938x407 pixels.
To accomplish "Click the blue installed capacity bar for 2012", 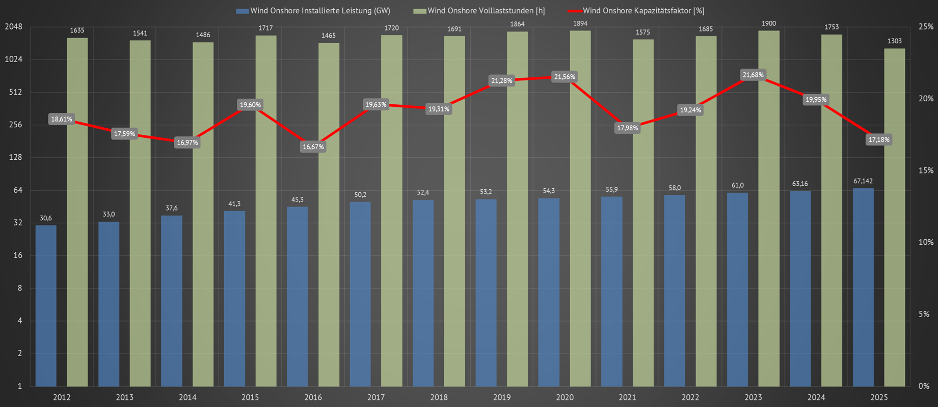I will point(46,305).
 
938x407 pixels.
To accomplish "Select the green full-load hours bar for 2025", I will point(894,219).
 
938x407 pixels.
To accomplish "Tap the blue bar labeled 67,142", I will point(863,287).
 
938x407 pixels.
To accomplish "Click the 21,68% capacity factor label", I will point(753,75).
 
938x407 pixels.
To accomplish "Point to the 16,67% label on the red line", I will point(313,147).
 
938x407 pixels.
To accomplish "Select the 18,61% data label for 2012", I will point(62,120).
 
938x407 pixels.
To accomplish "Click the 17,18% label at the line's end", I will point(879,140).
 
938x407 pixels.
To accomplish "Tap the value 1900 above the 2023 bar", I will point(769,23).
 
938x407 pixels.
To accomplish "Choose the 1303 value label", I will point(894,41).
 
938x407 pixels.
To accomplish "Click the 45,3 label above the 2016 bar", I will point(298,200).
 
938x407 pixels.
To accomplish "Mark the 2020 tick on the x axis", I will point(565,397).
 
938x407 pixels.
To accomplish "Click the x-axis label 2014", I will point(187,397).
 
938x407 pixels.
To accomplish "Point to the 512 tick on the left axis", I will point(15,92).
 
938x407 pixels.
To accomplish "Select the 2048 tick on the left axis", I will point(14,27).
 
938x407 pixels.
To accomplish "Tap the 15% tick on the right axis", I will point(926,171).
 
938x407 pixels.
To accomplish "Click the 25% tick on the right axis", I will point(926,27).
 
